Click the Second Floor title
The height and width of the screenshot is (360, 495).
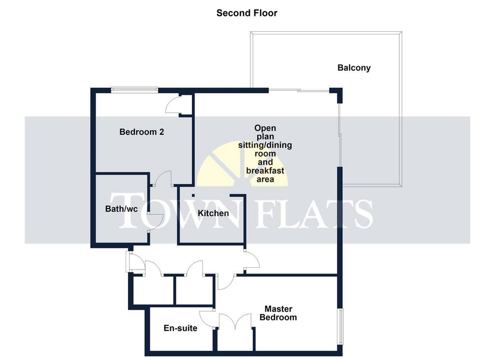247,13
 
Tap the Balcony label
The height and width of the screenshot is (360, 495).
354,68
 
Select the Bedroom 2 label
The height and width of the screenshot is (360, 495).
142,132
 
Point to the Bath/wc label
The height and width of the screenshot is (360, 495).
121,209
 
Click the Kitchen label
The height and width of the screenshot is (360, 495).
213,213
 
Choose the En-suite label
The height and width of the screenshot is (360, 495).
180,328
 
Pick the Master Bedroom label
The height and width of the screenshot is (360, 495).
278,313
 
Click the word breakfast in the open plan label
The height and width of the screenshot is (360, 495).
265,171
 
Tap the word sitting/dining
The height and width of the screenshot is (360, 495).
265,145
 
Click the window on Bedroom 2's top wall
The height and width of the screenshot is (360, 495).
134,90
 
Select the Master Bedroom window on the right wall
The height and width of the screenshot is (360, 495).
340,326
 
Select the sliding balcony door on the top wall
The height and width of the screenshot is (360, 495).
299,90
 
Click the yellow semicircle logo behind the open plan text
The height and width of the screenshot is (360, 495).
242,164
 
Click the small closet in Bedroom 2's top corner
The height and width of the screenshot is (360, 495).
186,105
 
